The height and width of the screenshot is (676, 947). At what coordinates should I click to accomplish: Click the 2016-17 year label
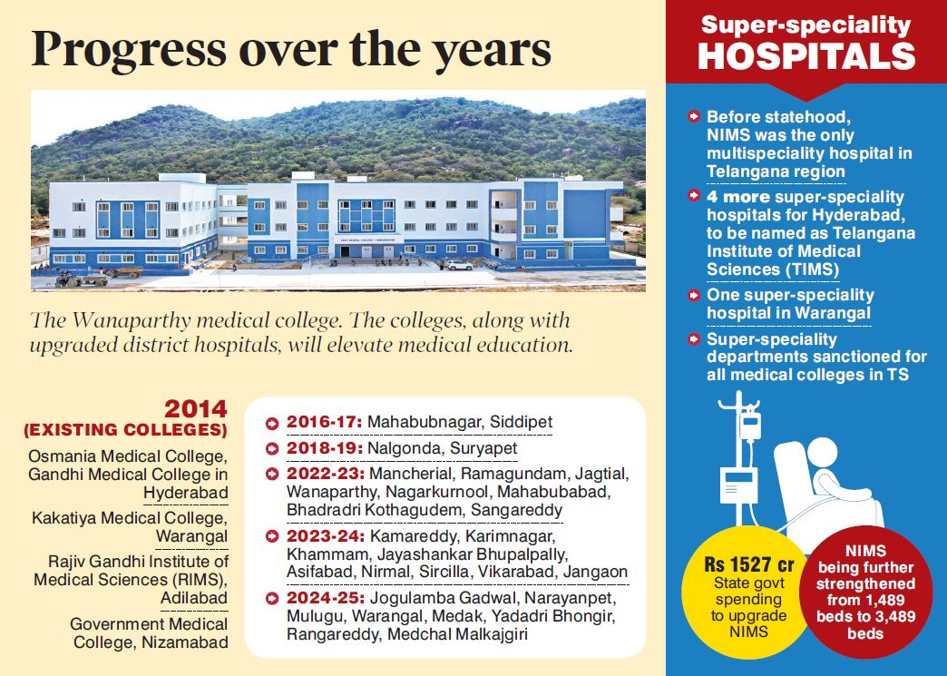click(324, 422)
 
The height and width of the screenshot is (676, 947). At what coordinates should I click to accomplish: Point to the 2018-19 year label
click(324, 448)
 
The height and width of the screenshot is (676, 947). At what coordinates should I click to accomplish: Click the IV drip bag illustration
click(750, 424)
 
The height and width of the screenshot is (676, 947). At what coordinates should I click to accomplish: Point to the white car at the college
click(458, 266)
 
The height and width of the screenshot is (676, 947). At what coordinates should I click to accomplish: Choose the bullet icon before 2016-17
click(272, 423)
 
